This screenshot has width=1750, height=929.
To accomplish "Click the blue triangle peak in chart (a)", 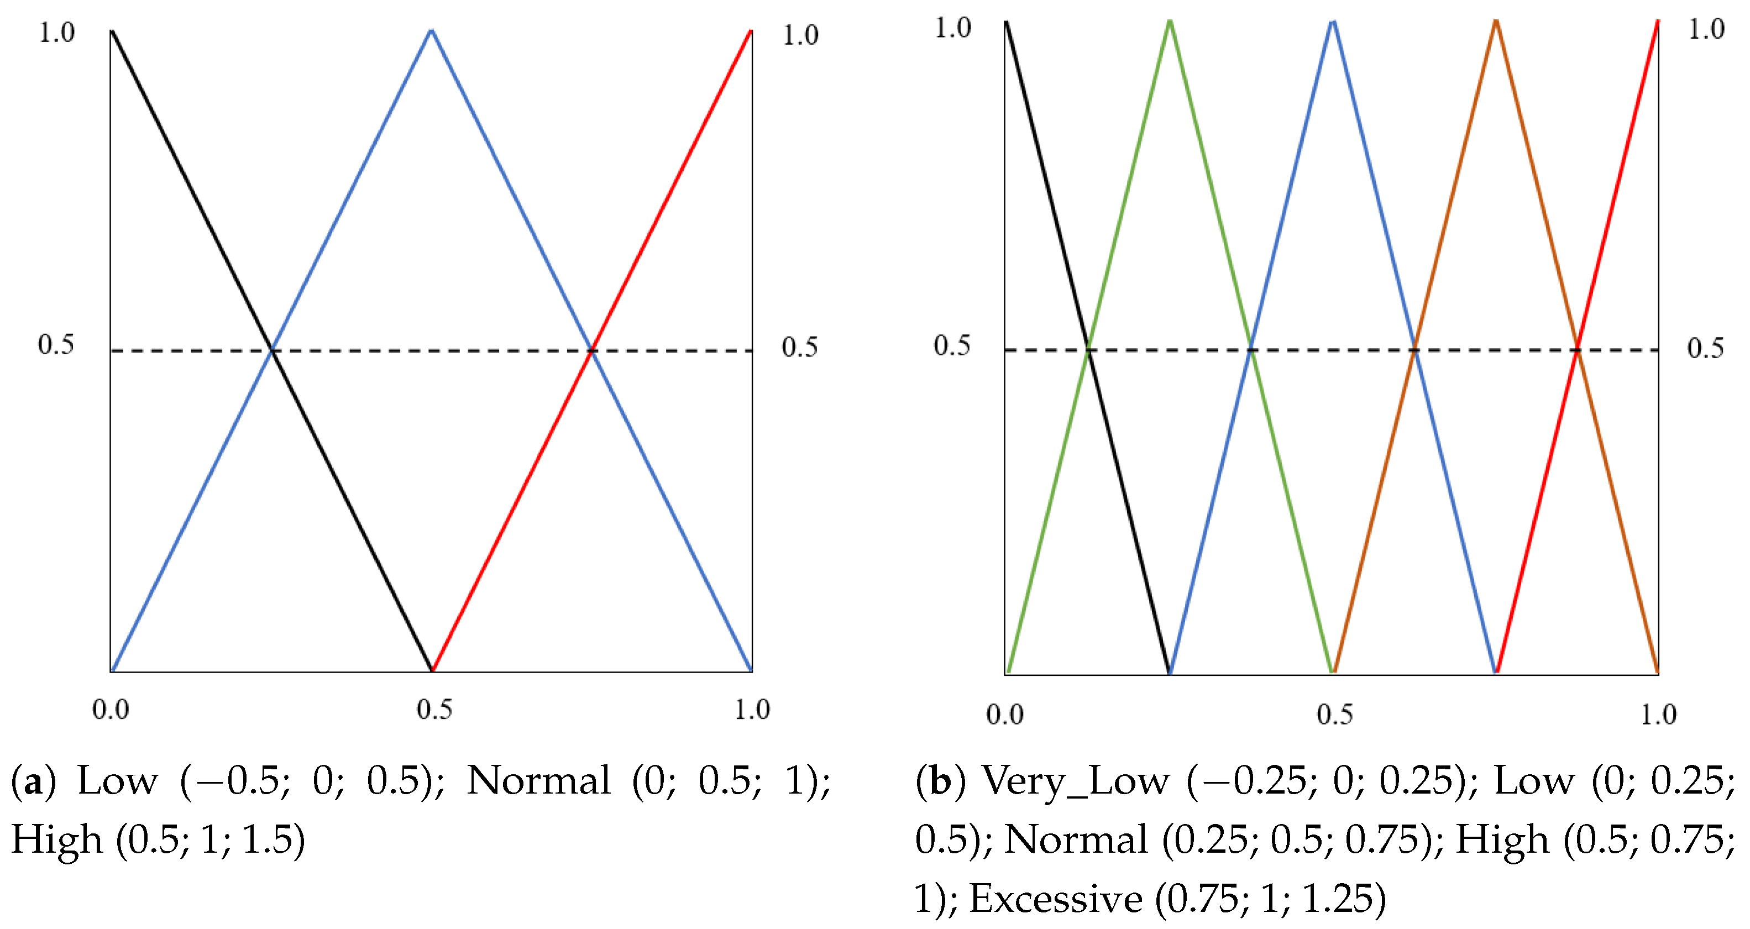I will (431, 30).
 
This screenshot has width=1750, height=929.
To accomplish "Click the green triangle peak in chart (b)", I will (1169, 22).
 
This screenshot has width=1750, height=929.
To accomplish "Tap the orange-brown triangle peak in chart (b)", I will (1495, 22).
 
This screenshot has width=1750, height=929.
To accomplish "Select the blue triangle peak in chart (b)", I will (1333, 22).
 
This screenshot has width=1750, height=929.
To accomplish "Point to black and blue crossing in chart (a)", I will (273, 350).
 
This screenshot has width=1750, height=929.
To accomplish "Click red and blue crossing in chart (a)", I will (591, 350).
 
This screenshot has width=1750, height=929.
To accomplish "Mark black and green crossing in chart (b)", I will (1088, 350).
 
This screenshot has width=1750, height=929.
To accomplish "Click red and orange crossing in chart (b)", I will (1577, 350).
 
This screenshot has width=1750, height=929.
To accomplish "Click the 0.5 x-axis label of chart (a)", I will (434, 710).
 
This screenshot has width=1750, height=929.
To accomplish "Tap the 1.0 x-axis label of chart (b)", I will (1658, 715).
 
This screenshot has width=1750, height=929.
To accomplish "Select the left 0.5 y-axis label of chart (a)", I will (56, 345).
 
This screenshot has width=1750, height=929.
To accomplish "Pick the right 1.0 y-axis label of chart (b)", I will (1706, 29).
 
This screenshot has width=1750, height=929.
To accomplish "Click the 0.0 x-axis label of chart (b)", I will (1005, 715).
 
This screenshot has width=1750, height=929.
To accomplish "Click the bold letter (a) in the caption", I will (33, 781).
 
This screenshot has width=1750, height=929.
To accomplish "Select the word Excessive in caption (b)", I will (1055, 899).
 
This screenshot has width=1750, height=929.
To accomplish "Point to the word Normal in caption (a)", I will (539, 781).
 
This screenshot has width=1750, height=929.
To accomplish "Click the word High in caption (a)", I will (57, 840).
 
